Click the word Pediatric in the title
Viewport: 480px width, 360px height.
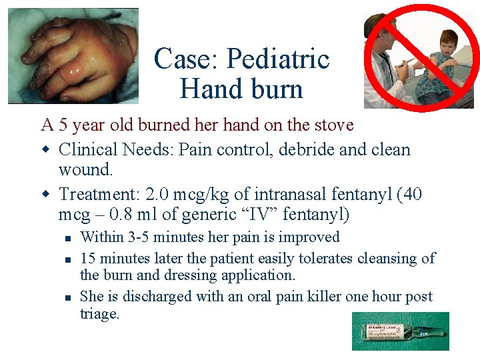click(x=278, y=60)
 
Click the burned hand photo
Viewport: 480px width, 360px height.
click(x=73, y=56)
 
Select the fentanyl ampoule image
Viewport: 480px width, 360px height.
click(x=401, y=331)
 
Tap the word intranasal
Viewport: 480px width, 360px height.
click(x=269, y=195)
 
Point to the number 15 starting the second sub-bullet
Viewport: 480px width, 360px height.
click(x=87, y=258)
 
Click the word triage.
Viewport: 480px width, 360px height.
click(x=99, y=314)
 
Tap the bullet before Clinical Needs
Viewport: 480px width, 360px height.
click(x=47, y=150)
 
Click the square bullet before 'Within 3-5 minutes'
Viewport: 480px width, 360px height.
click(x=68, y=238)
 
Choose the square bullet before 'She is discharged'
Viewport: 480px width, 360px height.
click(x=68, y=297)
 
